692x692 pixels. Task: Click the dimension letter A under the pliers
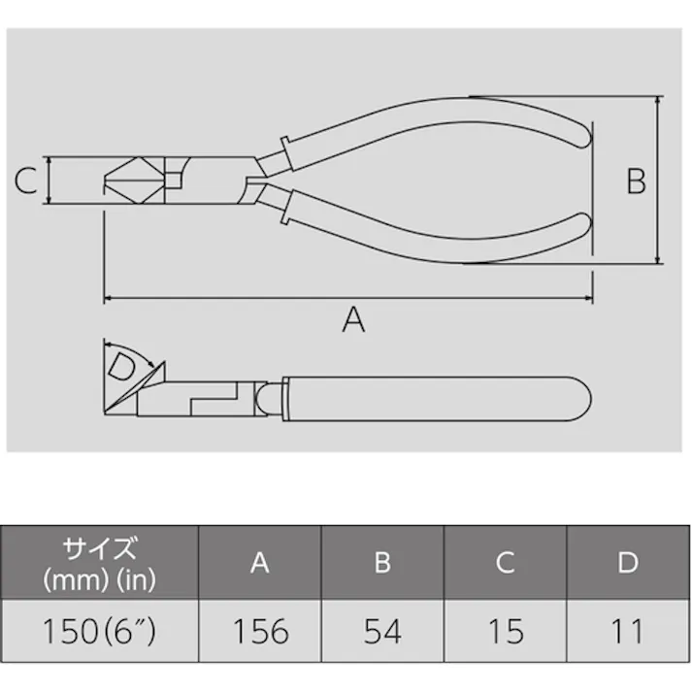354,319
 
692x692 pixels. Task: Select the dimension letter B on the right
636,181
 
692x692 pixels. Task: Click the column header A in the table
260,563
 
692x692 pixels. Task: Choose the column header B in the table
382,563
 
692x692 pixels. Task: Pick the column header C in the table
506,563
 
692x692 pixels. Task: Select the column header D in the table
628,563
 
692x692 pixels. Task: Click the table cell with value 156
260,632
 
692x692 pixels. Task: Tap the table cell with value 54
382,632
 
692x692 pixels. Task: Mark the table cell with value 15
506,632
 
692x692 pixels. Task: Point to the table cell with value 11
628,632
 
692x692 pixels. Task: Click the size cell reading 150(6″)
102,632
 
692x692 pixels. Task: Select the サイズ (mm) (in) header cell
102,563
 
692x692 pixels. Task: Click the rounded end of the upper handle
578,133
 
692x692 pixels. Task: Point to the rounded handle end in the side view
580,398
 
